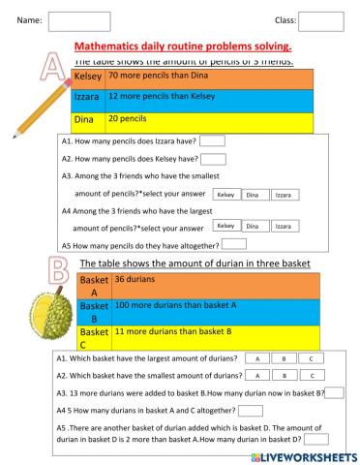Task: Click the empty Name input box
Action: click(65, 20)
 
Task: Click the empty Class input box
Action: click(320, 20)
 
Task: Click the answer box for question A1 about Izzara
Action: click(212, 142)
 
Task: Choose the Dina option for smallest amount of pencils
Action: click(253, 195)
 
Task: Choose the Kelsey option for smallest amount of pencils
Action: click(225, 195)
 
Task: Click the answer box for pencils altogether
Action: click(234, 244)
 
